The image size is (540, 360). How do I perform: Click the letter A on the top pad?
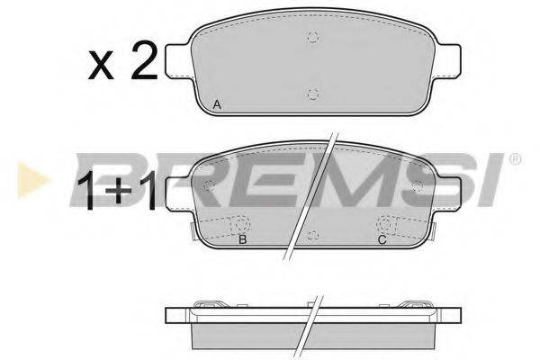217,104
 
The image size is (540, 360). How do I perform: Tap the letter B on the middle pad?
243,239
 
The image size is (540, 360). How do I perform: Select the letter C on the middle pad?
382,239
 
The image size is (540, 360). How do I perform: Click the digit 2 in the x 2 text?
144,59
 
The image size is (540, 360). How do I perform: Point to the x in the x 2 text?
101,65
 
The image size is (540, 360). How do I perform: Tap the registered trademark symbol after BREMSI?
515,159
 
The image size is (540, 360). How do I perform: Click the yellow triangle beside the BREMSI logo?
33,180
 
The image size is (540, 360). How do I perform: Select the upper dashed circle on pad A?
312,37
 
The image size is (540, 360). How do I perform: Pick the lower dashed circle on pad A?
312,94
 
